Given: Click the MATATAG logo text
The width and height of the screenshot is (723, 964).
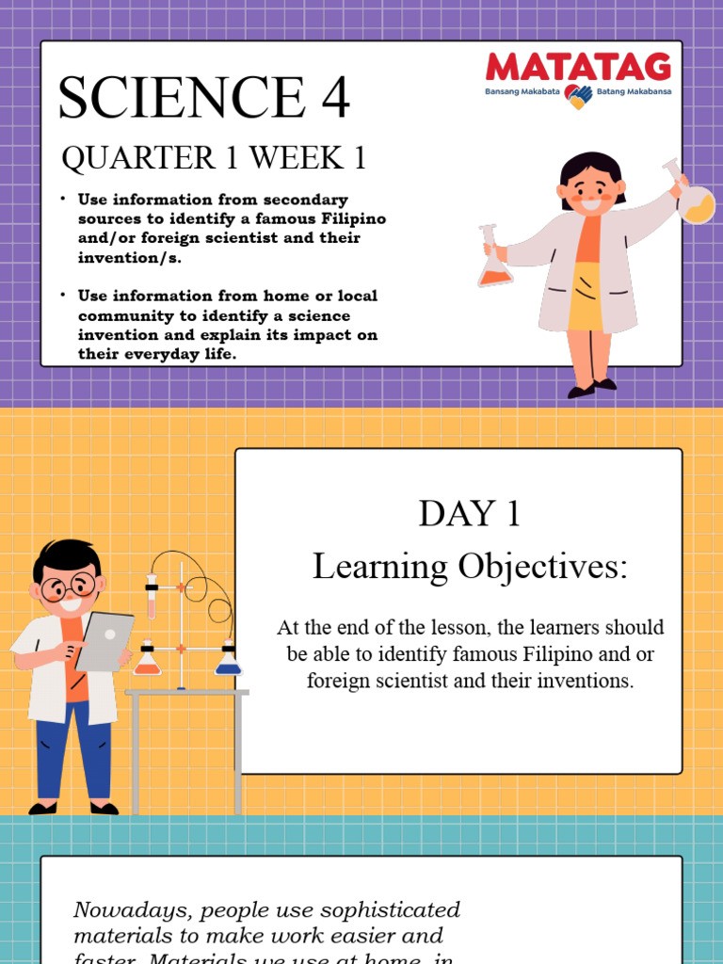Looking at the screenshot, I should [x=578, y=68].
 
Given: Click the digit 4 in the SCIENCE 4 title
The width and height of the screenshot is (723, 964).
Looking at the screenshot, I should [x=330, y=97].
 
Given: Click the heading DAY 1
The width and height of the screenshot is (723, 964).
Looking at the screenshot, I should [x=458, y=514].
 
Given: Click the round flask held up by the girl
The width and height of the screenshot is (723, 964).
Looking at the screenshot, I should [x=696, y=204].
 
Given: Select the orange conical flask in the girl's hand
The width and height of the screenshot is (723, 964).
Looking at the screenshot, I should [x=494, y=267].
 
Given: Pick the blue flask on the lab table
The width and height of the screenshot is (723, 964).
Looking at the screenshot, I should [x=228, y=661].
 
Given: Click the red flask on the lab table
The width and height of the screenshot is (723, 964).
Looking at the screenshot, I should [x=147, y=661].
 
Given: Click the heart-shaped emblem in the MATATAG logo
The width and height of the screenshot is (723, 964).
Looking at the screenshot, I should [x=578, y=94].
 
